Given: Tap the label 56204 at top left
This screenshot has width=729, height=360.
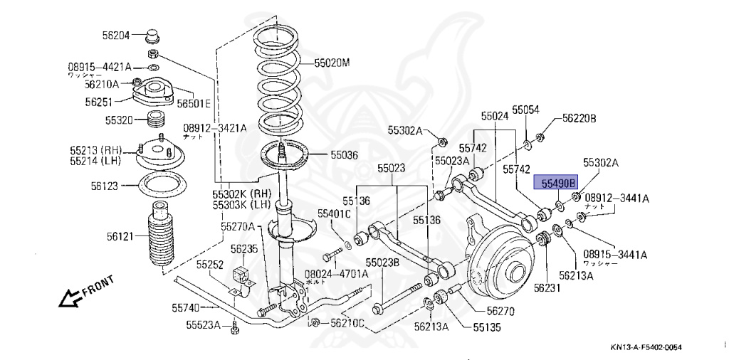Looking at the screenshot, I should pyautogui.click(x=116, y=33).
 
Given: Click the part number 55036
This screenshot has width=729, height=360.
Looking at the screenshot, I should pyautogui.click(x=344, y=154).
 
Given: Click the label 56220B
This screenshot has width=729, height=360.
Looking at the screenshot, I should pyautogui.click(x=579, y=118).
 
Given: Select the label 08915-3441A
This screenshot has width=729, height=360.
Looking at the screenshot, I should pyautogui.click(x=616, y=254).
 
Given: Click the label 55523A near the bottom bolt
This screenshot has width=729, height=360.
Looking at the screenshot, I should pyautogui.click(x=204, y=326).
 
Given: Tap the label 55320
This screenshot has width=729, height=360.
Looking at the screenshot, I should pyautogui.click(x=120, y=120).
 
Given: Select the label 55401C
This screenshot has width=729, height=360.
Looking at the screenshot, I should pyautogui.click(x=335, y=213).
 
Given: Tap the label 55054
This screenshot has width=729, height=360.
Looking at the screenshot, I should pyautogui.click(x=526, y=110).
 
